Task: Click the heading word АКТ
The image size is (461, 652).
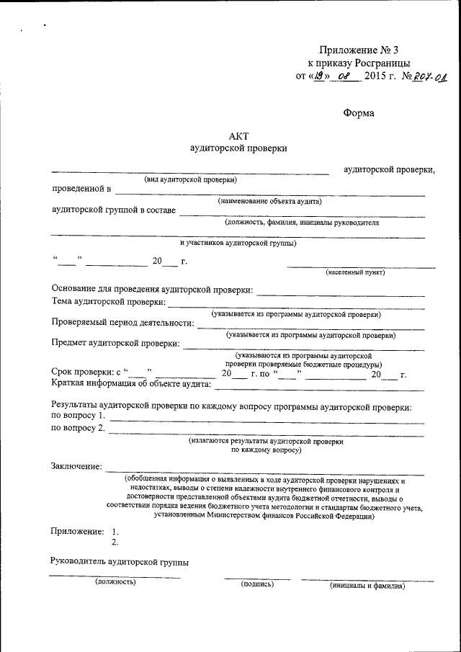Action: [x=238, y=135]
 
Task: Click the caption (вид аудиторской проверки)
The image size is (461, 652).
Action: [x=190, y=179]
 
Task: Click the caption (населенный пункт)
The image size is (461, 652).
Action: [x=355, y=272]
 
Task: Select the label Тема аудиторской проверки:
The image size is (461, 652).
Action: [x=109, y=302]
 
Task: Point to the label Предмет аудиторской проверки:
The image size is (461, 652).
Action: [x=116, y=343]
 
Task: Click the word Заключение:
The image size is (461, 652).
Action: [x=77, y=467]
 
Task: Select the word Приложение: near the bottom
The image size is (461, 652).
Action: [x=77, y=531]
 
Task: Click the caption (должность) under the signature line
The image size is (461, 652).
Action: [x=115, y=582]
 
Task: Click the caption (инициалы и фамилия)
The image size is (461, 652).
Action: [x=367, y=585]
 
